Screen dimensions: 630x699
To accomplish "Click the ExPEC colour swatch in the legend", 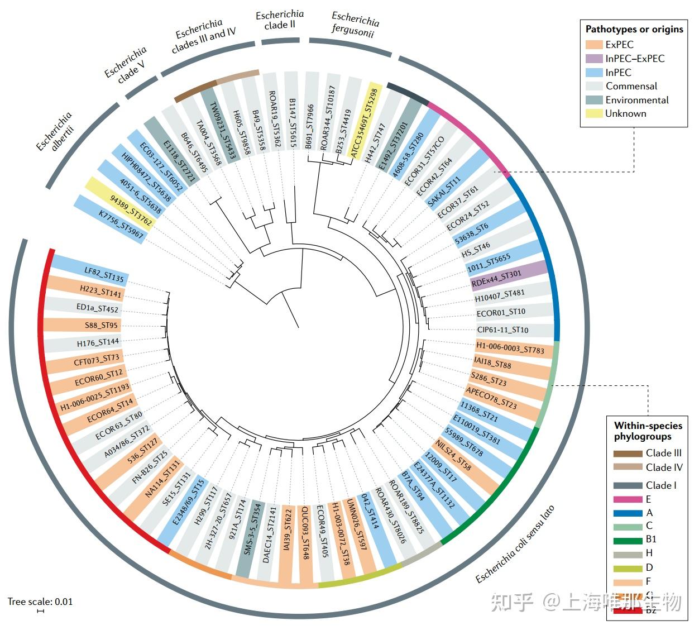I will click(x=594, y=45).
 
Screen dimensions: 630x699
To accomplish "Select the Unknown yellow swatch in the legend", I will click(x=594, y=113).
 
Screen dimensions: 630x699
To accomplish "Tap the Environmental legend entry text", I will click(x=637, y=100).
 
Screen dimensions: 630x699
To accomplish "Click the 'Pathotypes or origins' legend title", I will click(x=634, y=29).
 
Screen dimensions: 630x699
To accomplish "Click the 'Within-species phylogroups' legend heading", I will click(x=648, y=431).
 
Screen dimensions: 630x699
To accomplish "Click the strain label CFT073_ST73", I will click(x=97, y=359).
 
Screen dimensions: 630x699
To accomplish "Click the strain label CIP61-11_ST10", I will click(x=502, y=330).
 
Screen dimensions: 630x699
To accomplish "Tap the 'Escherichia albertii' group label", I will click(x=55, y=132).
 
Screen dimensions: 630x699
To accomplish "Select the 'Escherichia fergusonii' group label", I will click(x=355, y=25).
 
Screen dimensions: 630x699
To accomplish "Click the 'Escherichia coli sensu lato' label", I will click(x=514, y=544).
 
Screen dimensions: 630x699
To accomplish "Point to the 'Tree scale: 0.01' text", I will click(x=40, y=602).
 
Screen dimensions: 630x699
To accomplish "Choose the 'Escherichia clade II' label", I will click(x=280, y=20).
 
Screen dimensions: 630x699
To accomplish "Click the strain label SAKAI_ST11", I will click(x=444, y=192).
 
